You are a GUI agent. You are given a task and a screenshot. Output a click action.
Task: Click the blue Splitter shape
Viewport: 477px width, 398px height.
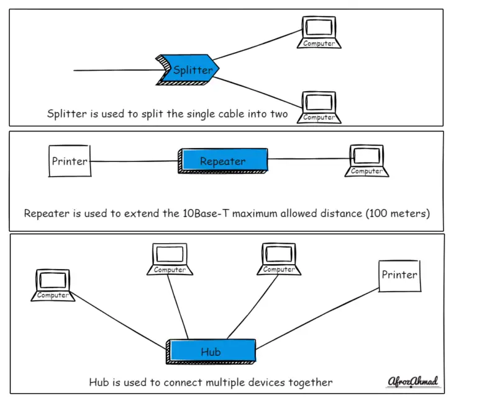click(189, 69)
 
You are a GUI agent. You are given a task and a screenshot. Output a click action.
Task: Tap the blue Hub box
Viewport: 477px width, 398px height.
click(211, 352)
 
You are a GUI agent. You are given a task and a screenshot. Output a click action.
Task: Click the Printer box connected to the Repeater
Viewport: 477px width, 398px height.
click(69, 162)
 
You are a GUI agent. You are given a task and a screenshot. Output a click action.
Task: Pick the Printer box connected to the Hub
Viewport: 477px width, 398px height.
click(399, 275)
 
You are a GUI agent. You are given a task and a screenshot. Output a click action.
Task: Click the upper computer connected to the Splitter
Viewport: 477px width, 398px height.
click(319, 32)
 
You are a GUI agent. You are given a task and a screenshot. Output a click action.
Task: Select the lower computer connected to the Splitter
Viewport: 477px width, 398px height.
click(319, 105)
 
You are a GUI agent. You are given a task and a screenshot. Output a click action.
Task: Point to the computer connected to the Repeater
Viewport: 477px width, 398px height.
click(366, 160)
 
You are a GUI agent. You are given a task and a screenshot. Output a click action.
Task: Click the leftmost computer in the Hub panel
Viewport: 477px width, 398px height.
click(53, 285)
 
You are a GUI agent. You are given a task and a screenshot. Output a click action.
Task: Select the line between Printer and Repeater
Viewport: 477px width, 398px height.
click(134, 162)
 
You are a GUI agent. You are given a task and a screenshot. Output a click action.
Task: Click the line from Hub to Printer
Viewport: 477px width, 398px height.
click(317, 319)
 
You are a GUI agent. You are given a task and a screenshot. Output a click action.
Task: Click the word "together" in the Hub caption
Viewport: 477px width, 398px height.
click(311, 382)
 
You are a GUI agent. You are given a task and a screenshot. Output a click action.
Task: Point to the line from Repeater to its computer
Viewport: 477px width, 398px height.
click(307, 159)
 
